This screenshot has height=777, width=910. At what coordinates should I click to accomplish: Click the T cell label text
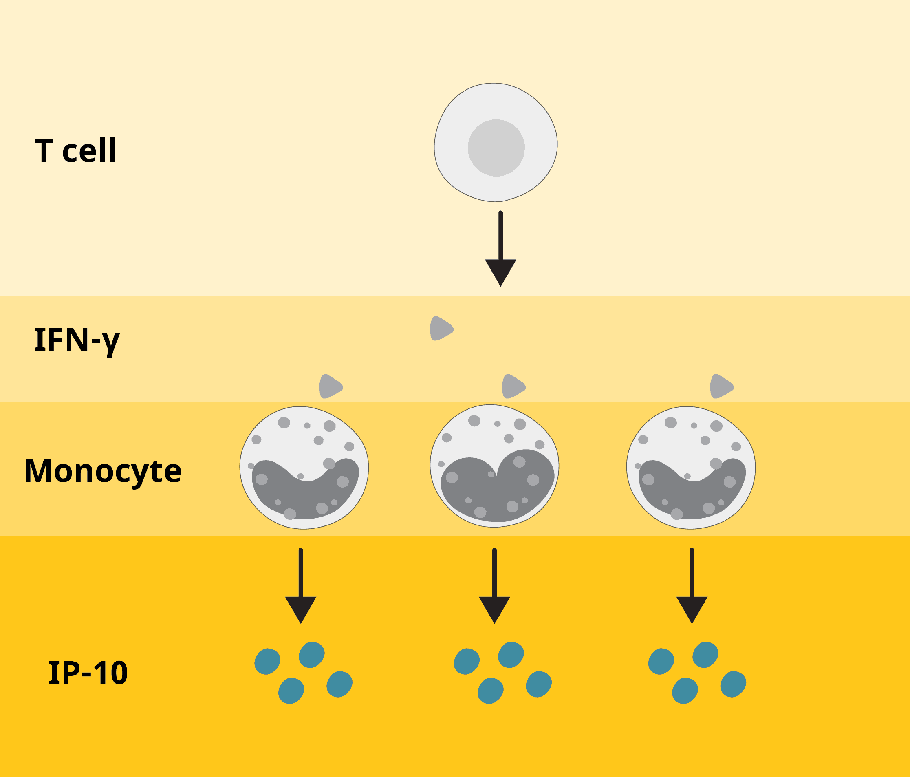click(75, 151)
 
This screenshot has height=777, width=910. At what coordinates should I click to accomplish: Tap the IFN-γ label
click(77, 340)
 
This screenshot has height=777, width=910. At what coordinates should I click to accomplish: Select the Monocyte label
click(103, 471)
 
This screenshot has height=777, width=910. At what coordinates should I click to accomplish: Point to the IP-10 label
click(88, 673)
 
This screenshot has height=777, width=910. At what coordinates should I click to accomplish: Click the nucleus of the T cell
click(496, 148)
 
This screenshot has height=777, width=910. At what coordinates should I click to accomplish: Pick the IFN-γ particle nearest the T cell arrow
click(441, 329)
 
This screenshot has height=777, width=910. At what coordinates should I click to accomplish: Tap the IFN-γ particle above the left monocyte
click(330, 386)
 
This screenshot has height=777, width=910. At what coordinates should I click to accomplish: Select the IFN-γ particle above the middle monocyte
click(513, 386)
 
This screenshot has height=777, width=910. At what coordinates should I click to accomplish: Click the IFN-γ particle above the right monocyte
click(721, 386)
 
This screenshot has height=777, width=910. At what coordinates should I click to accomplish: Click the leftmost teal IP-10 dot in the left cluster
click(267, 662)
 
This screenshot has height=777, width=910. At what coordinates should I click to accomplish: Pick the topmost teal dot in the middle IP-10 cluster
click(511, 655)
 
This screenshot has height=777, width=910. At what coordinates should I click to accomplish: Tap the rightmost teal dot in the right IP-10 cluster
click(733, 684)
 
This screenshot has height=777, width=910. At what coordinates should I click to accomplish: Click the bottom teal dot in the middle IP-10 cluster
click(491, 691)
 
